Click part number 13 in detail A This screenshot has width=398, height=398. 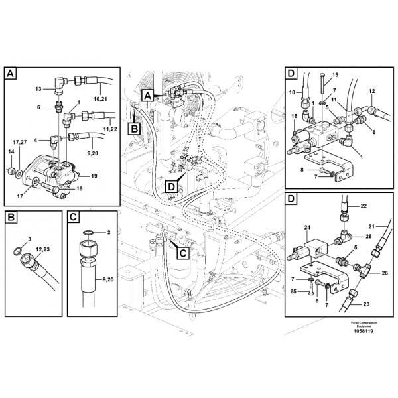[x=38, y=88]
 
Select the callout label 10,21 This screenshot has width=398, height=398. [x=101, y=98]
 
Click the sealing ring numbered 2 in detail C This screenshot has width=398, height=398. [x=109, y=232]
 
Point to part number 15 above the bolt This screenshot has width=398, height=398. [x=335, y=74]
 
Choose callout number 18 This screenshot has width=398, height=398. [x=293, y=117]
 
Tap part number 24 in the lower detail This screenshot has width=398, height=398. [x=308, y=228]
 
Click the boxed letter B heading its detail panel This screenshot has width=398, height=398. [x=11, y=216]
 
